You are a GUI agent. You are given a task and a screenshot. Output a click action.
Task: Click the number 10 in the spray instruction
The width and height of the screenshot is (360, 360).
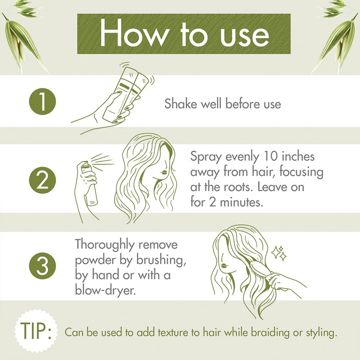pyautogui.click(x=265, y=157)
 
